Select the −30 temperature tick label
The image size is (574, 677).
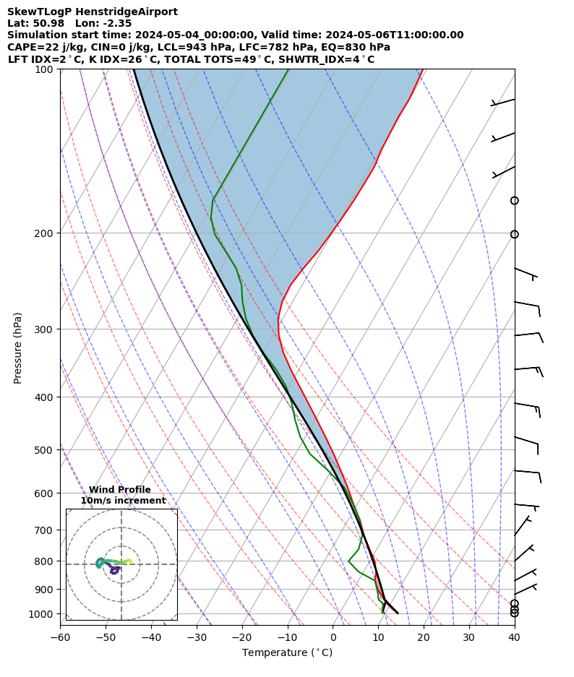197,637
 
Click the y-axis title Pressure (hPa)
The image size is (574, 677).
18,348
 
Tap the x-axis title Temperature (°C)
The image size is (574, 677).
287,653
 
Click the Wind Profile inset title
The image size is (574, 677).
120,490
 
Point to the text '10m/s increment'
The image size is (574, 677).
123,500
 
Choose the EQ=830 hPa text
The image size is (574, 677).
350,47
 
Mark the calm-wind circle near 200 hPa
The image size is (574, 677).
514,234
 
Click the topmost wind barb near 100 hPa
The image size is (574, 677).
503,102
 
